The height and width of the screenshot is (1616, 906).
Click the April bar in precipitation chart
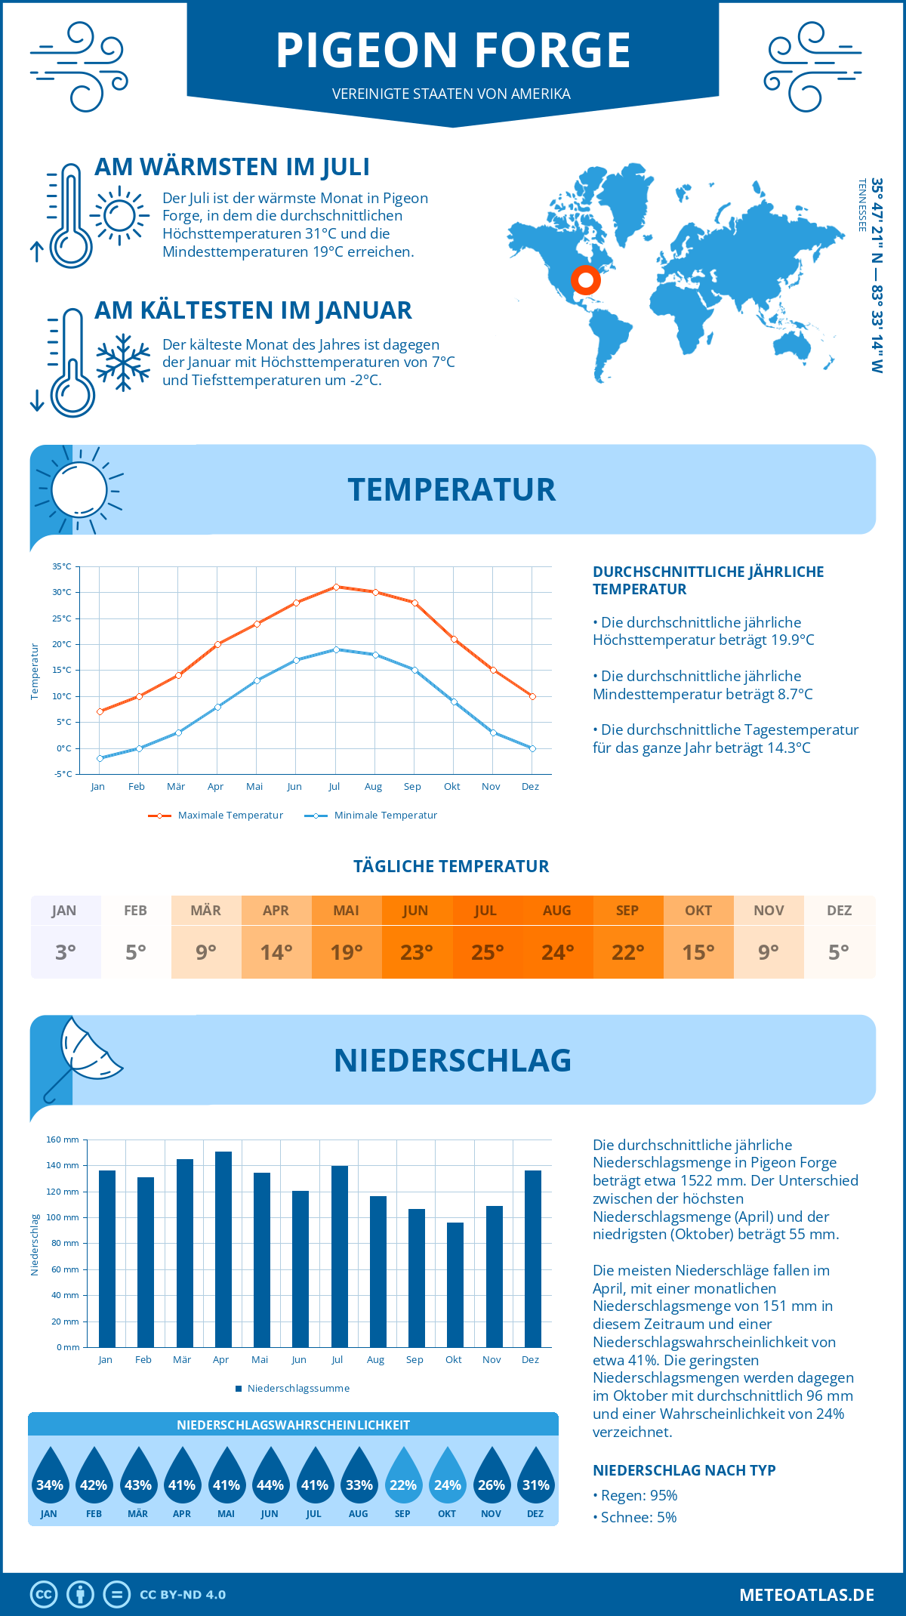(223, 1249)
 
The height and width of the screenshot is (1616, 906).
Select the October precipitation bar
(455, 1284)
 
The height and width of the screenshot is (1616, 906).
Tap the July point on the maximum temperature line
(336, 587)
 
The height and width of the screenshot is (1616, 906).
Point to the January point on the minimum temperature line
(100, 758)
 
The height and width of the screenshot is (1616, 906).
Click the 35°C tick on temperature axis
(62, 566)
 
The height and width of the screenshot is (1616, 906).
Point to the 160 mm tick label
(63, 1140)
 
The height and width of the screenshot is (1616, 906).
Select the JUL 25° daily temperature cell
(487, 937)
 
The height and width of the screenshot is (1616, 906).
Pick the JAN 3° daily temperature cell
(65, 937)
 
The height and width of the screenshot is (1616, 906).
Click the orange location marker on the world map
(585, 280)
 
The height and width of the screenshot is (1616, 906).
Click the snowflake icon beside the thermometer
(123, 362)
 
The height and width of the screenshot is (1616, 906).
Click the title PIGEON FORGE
(453, 51)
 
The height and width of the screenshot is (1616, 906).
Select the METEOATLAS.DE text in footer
(806, 1595)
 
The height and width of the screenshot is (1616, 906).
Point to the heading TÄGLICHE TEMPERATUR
(451, 866)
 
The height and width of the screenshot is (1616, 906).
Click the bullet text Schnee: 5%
(635, 1517)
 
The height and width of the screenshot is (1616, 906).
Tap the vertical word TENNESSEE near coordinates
(861, 205)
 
